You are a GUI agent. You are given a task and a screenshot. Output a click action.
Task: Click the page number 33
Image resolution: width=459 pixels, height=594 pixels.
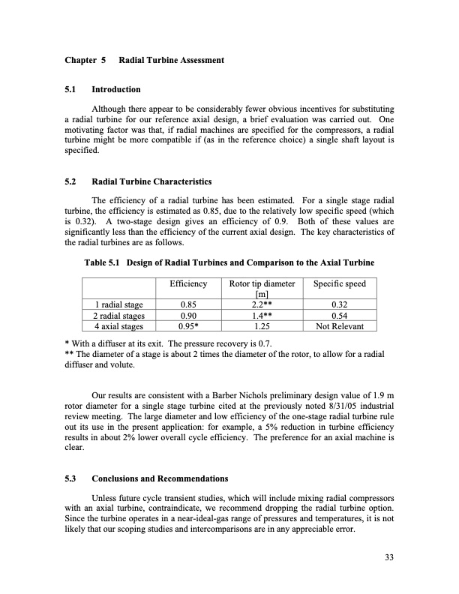pos(388,556)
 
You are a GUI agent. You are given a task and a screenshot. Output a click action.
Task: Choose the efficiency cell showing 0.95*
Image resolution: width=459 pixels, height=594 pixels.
pos(188,326)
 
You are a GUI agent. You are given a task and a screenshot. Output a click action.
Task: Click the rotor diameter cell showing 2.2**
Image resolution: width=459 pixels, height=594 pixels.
pos(258,305)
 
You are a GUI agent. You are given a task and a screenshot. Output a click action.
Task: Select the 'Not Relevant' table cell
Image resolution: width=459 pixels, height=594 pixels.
pos(339,326)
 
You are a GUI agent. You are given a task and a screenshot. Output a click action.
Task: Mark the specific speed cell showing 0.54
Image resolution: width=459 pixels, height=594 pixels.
pos(339,316)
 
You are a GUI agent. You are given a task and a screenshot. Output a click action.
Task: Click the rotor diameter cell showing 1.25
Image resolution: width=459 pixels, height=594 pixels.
pos(258,326)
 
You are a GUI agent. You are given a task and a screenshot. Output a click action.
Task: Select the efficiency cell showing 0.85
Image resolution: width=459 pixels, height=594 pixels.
pos(188,305)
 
